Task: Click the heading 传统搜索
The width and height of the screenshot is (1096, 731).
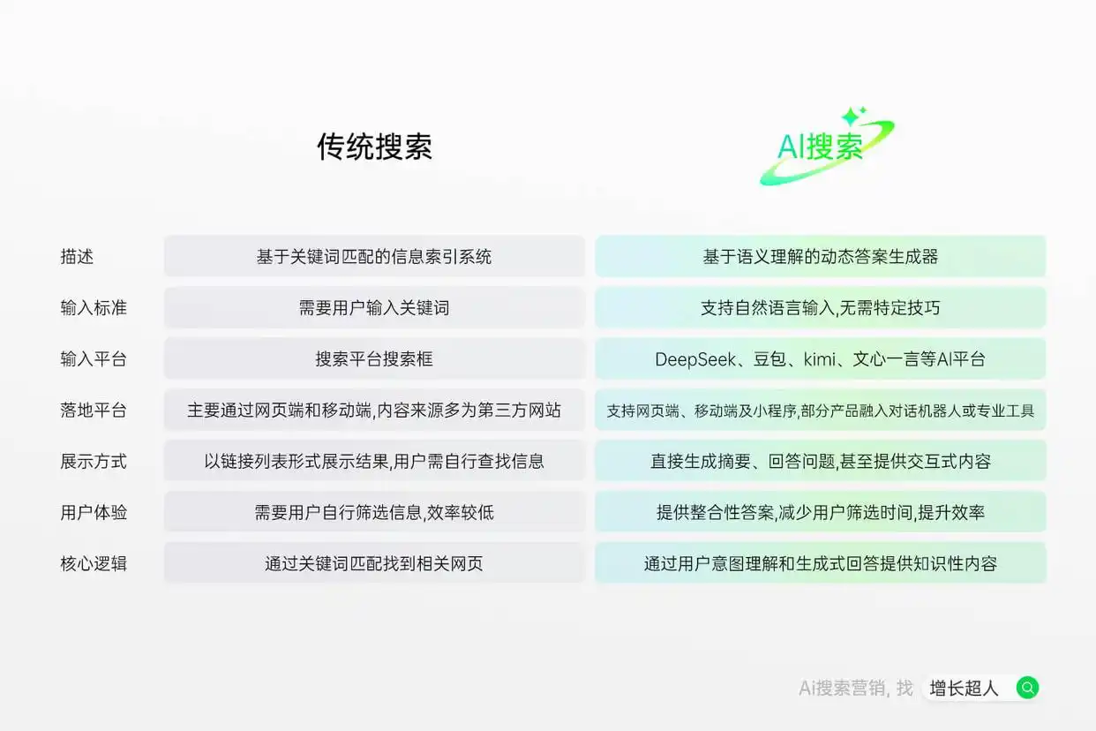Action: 374,147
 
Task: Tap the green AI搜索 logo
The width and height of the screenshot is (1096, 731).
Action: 821,147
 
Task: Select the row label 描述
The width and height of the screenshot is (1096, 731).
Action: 77,257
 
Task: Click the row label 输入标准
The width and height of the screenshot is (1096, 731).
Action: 94,308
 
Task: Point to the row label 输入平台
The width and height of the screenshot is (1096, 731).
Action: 94,359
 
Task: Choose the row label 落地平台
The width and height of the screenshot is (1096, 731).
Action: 94,411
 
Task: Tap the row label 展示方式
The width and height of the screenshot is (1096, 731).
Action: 94,461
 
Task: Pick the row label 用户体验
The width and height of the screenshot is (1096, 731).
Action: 94,512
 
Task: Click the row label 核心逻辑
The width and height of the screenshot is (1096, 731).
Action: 94,563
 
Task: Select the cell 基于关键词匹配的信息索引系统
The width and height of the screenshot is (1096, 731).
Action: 374,257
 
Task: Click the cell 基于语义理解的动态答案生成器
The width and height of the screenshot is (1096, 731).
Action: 820,257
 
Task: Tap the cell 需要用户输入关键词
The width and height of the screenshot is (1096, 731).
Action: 374,308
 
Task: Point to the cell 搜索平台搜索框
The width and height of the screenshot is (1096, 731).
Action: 374,359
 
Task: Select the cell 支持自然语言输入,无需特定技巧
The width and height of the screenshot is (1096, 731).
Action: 820,308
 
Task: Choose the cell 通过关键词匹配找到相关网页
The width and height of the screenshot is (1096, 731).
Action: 374,563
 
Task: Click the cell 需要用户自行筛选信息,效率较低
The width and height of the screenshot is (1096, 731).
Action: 374,512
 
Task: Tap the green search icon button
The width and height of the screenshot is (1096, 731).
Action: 1027,688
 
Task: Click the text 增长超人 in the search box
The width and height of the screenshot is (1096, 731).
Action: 964,689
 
